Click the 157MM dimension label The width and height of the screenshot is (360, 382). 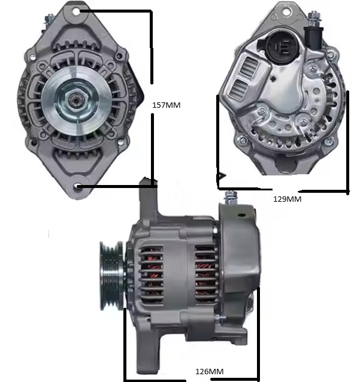(x=167, y=105)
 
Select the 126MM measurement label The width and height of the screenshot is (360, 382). (x=209, y=371)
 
